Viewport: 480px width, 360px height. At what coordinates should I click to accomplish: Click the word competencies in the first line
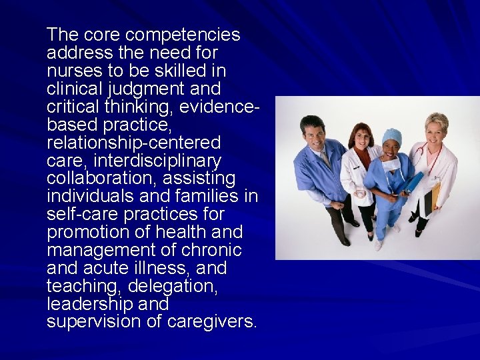[x=183, y=34]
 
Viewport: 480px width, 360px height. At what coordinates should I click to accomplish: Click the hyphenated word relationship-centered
[x=133, y=143]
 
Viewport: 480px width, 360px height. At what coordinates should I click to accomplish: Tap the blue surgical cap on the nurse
[x=391, y=136]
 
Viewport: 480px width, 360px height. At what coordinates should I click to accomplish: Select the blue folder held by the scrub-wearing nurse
[x=411, y=183]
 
